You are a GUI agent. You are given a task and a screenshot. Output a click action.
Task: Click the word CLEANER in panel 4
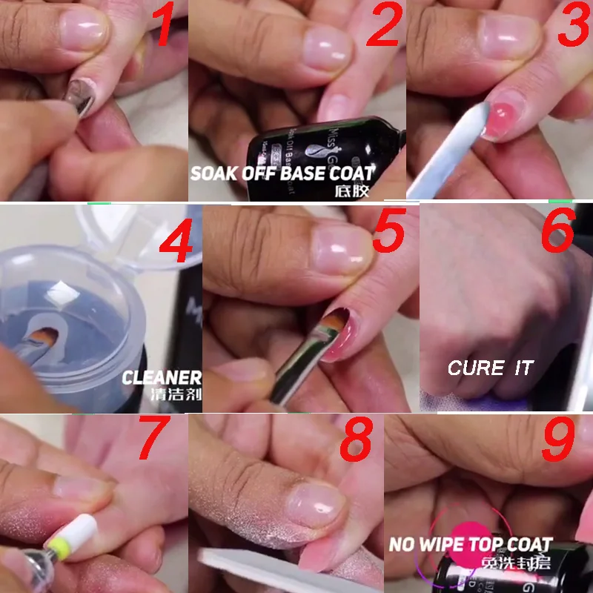click(162, 377)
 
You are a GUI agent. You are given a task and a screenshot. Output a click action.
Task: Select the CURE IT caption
click(490, 368)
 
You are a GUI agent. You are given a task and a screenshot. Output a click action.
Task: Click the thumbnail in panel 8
click(315, 506)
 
